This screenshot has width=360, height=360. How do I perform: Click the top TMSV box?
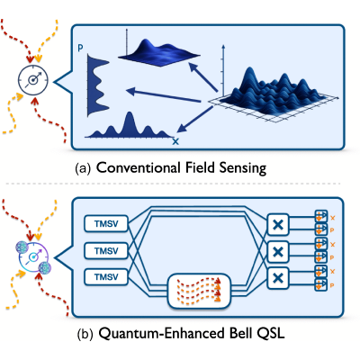pos(106,223)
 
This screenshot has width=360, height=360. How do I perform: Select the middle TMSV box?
pos(106,250)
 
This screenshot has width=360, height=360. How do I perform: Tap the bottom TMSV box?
pos(106,276)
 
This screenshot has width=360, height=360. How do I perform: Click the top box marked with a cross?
pos(278,224)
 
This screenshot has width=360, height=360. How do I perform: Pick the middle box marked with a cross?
pos(278,251)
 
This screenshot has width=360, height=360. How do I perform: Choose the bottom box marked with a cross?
pos(278,278)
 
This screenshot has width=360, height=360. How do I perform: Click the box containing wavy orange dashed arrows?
pos(199,291)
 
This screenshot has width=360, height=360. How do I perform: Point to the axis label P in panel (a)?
pos(80,48)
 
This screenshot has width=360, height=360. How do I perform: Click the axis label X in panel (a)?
pos(175,141)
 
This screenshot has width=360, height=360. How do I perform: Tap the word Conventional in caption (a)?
pos(139,167)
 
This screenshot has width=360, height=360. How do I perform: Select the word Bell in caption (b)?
pos(238,333)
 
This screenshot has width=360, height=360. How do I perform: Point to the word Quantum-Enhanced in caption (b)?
pos(160,333)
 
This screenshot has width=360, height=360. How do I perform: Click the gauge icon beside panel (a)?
pos(33,80)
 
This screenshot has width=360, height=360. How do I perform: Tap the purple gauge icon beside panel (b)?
pos(33,257)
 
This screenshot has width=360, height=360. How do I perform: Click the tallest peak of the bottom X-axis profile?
pos(130,112)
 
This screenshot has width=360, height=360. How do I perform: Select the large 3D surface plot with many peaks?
pos(273,94)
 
